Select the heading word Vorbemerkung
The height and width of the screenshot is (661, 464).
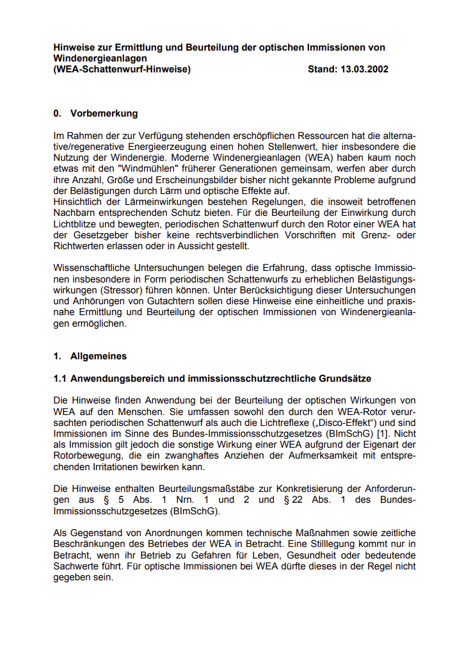[x=104, y=113]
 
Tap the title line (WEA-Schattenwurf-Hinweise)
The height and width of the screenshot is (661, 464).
[x=122, y=69]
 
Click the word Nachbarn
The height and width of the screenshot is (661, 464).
[x=72, y=213]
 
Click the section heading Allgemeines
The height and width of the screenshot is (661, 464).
[x=99, y=356]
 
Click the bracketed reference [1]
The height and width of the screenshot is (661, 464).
[x=385, y=434]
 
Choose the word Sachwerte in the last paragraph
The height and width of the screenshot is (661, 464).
[x=77, y=566]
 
